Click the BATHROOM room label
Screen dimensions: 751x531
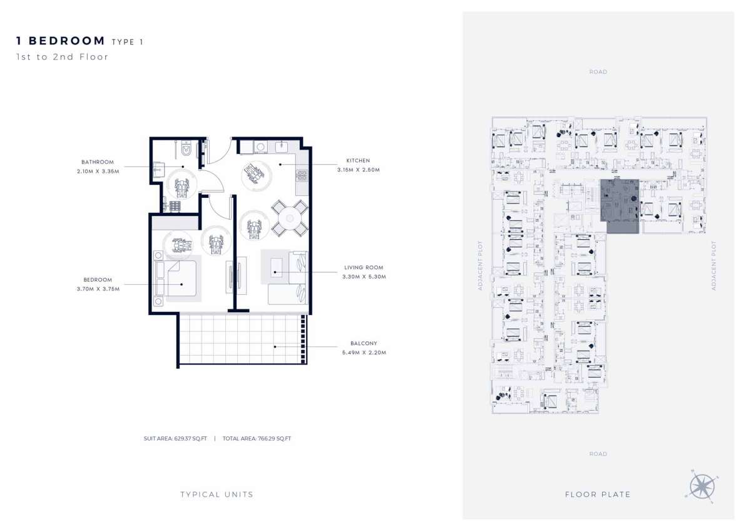click(98, 162)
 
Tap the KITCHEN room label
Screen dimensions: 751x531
click(358, 161)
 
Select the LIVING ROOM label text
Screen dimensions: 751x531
click(364, 267)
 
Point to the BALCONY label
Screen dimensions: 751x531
click(364, 344)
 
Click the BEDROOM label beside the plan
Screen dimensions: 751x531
click(98, 280)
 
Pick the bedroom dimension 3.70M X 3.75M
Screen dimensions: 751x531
click(98, 289)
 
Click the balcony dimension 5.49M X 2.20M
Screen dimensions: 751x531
click(364, 353)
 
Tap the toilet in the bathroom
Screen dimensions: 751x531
click(186, 148)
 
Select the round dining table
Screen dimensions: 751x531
click(290, 219)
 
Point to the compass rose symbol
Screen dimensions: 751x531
click(702, 486)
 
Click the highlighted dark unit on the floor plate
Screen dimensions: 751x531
click(620, 205)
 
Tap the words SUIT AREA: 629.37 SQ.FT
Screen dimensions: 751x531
click(175, 438)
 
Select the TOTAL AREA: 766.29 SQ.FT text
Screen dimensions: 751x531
click(257, 438)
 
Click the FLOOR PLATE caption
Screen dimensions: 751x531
click(598, 495)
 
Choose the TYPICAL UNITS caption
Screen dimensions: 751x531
click(217, 495)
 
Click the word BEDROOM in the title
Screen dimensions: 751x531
click(67, 41)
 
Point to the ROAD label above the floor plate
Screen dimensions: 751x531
click(598, 72)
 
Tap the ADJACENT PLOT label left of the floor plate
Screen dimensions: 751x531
click(480, 265)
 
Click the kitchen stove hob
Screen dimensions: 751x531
click(302, 175)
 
